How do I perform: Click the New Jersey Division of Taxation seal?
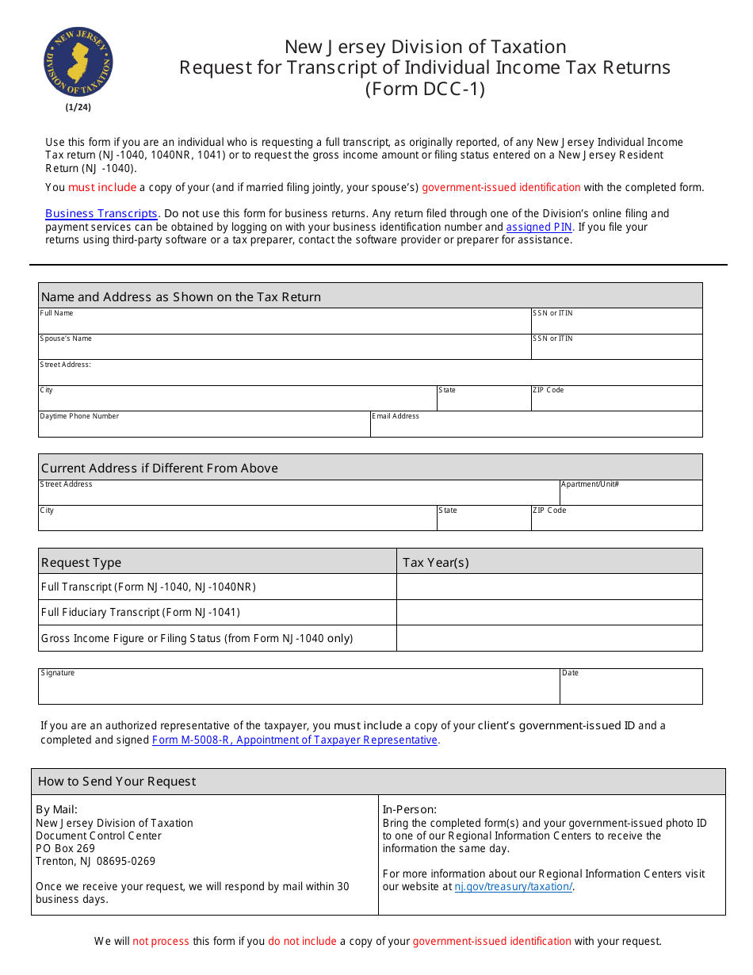click(x=78, y=62)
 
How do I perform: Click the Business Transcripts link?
click(x=102, y=213)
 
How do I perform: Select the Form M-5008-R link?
click(x=295, y=740)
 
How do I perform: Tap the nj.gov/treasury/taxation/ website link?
click(x=513, y=886)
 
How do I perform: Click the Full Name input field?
click(x=285, y=324)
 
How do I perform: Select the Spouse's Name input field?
click(x=285, y=350)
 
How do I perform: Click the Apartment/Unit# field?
click(x=630, y=495)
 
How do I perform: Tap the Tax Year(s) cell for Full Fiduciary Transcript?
click(x=549, y=612)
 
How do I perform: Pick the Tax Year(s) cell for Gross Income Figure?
click(x=549, y=638)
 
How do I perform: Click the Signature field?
click(x=299, y=690)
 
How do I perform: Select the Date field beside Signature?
click(x=630, y=690)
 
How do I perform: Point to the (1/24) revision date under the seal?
click(x=78, y=107)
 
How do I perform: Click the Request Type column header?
click(x=82, y=562)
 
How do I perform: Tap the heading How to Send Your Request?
click(x=117, y=781)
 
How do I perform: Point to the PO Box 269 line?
click(x=66, y=848)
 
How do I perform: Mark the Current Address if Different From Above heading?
click(x=159, y=468)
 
